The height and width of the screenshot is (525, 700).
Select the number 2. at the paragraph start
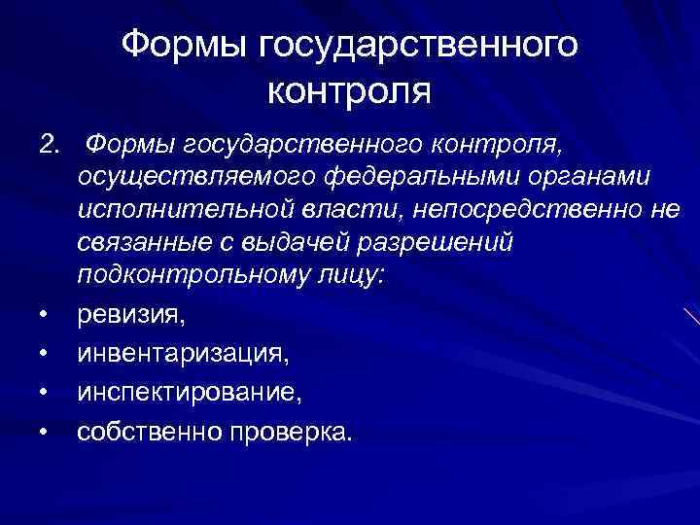coord(50,146)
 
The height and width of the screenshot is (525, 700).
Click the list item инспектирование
coord(191,394)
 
